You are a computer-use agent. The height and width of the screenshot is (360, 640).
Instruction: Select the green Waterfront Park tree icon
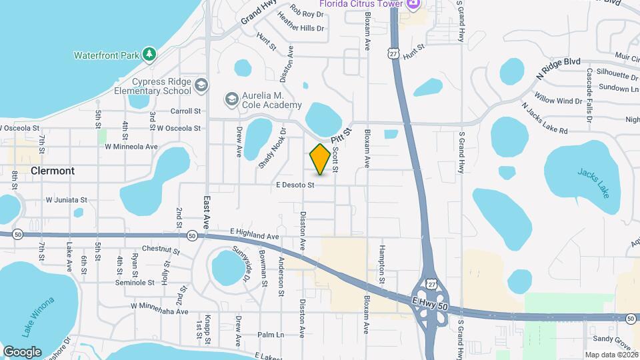click(150, 53)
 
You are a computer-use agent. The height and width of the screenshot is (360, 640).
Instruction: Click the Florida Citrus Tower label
click(361, 3)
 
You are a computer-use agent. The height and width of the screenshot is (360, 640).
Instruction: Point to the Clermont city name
click(53, 171)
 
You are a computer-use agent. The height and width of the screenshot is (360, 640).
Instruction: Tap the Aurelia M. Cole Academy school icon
click(231, 99)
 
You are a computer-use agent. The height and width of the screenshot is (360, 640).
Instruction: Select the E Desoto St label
click(294, 185)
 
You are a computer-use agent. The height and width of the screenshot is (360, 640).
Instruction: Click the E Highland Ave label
click(254, 235)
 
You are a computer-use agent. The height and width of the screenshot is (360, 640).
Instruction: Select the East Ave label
click(207, 212)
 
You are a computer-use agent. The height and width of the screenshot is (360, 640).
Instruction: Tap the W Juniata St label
click(66, 199)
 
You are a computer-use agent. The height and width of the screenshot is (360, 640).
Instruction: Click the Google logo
click(22, 351)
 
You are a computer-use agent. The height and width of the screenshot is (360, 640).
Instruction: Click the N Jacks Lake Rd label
click(545, 118)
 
